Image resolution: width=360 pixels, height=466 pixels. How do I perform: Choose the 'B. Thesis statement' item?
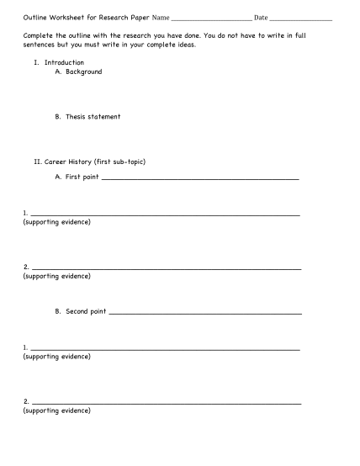pos(87,117)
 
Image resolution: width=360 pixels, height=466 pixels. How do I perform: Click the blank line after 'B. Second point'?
pos(205,313)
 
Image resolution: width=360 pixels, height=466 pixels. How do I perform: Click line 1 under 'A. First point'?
pos(165,214)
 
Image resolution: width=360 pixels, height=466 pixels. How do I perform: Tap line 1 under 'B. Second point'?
pos(165,349)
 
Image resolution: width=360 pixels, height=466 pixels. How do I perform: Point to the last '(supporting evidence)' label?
pos(57,411)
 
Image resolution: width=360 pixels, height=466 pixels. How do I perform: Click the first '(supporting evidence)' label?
pos(57,222)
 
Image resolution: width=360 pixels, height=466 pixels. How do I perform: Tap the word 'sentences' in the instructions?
pos(40,45)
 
